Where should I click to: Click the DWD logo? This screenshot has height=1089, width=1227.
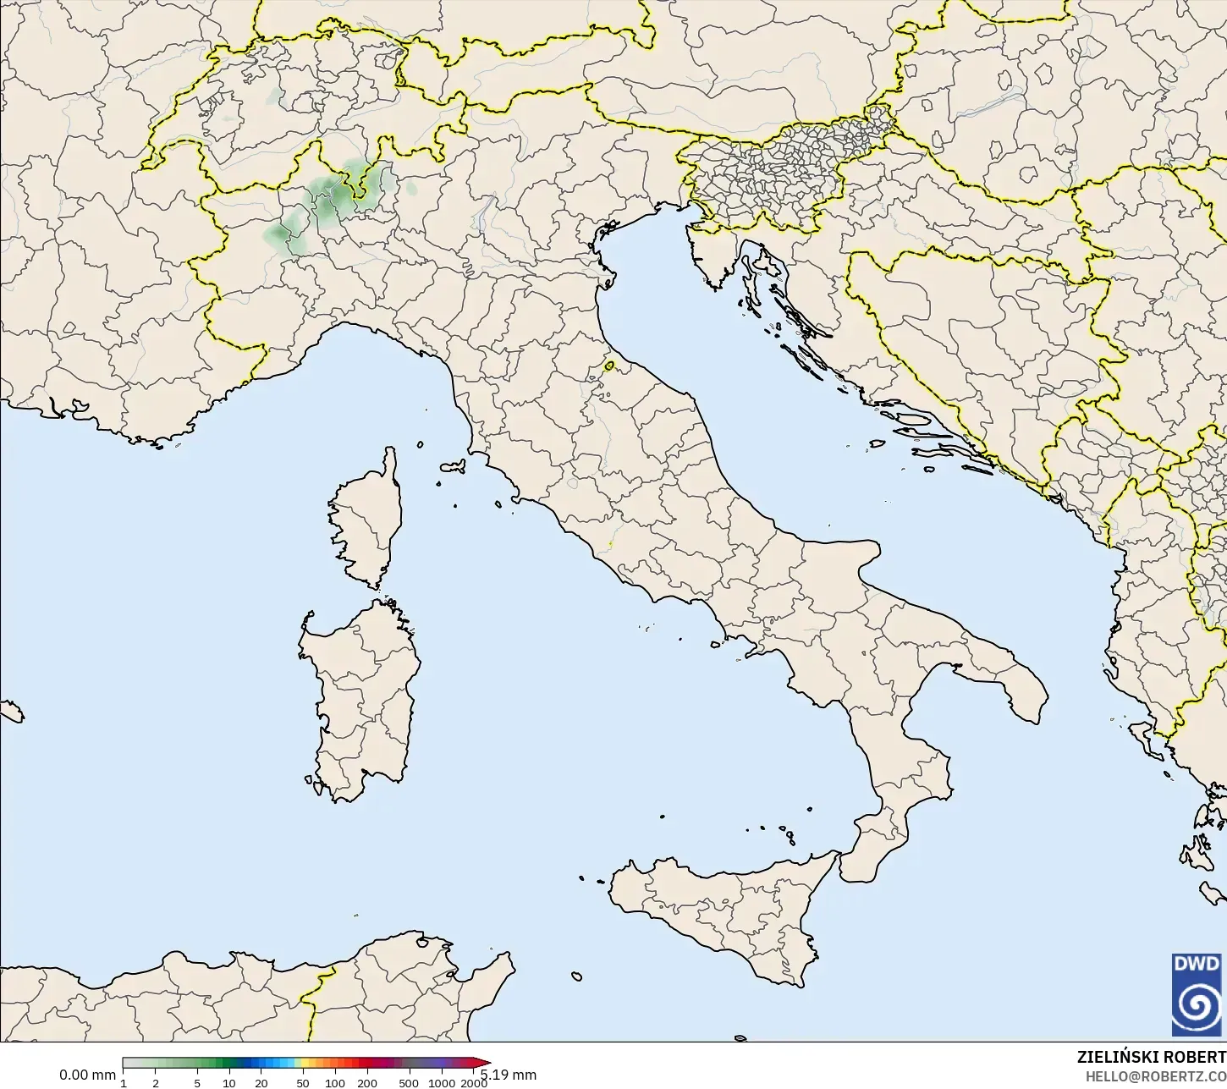coord(1197,994)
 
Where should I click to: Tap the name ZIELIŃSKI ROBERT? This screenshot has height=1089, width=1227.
coord(1151,1057)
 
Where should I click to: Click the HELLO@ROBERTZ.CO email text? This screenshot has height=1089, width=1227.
coord(1155,1076)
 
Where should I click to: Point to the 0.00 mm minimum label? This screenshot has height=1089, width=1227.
coord(87,1075)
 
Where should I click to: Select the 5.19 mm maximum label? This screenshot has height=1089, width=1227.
coord(510,1075)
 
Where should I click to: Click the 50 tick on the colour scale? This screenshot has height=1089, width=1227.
coord(303,1083)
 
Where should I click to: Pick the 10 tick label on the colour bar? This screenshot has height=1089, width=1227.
coord(229,1083)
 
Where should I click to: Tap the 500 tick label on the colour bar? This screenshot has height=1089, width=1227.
coord(409,1083)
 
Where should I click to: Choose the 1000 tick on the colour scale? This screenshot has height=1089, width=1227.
coord(441,1083)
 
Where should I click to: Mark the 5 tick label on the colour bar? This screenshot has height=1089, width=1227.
coord(197,1083)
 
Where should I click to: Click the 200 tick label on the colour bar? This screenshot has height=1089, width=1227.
coord(367,1083)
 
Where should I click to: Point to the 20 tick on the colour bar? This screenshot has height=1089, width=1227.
coord(261,1083)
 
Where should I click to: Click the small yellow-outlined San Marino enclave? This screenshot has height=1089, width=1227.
coord(609,366)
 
